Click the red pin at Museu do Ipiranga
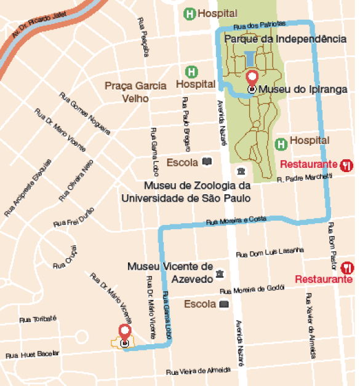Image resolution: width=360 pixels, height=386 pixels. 252,79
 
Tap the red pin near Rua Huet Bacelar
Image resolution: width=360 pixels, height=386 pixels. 126,333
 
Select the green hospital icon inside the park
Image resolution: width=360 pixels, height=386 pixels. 281,144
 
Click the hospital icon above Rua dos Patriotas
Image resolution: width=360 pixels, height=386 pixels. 191,13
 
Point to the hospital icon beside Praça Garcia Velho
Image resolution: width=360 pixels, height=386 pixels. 193,72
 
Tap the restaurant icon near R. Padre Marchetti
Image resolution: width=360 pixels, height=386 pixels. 346,165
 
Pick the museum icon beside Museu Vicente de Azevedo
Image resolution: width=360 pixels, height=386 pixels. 220,273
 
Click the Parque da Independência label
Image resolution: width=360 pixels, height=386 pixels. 285,39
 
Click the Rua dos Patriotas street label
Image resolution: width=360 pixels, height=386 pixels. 260,25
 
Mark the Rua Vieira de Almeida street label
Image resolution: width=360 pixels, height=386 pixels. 198,371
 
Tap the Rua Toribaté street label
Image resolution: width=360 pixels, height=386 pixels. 38,318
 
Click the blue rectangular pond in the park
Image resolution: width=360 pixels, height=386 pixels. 250,60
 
